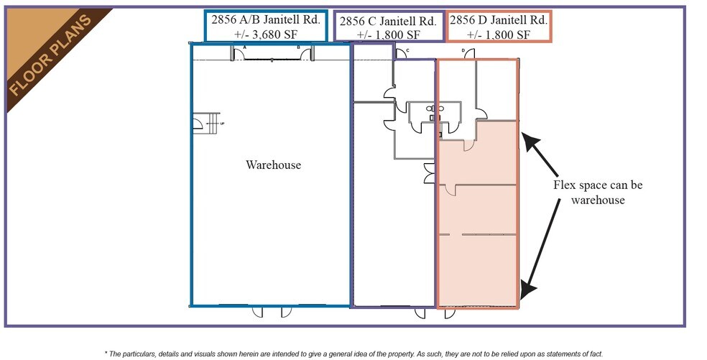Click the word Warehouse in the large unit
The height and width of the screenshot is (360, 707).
[x=273, y=165]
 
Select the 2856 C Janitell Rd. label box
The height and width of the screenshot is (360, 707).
[x=387, y=27]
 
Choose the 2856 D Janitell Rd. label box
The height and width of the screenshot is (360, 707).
[x=499, y=27]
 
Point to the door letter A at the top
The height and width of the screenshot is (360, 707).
[x=245, y=47]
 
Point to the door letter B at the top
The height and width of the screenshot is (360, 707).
[x=299, y=47]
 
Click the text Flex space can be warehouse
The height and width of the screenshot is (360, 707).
[x=598, y=193]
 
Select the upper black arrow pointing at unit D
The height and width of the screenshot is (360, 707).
[x=540, y=153]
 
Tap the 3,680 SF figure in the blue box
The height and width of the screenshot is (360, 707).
[x=267, y=34]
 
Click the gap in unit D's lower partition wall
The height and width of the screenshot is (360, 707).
[x=456, y=235]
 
